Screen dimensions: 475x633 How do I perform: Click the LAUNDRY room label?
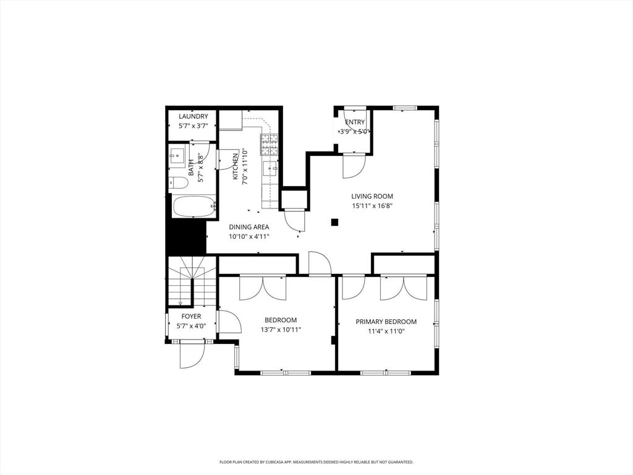click(x=193, y=116)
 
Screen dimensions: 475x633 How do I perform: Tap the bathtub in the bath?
click(x=193, y=207)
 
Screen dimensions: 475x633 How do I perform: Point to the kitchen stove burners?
click(x=270, y=145)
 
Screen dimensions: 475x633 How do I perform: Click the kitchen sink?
click(x=270, y=168)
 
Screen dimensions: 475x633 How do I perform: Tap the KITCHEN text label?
click(x=236, y=166)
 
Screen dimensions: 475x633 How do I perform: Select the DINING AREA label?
click(x=249, y=227)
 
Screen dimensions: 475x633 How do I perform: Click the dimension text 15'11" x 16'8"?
click(x=372, y=206)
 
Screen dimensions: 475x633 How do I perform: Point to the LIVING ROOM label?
click(x=372, y=197)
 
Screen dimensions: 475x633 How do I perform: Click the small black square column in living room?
click(x=334, y=222)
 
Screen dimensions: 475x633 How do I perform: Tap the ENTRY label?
click(x=355, y=122)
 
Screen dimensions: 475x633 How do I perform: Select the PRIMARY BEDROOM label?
click(x=386, y=322)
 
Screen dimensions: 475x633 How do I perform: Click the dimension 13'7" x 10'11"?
click(x=281, y=330)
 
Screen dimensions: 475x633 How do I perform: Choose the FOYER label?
click(x=191, y=317)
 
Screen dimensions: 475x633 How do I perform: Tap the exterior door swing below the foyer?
click(x=191, y=356)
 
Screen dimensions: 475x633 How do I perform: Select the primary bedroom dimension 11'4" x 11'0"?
click(x=386, y=331)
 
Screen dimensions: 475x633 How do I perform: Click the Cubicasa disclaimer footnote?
click(x=316, y=462)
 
